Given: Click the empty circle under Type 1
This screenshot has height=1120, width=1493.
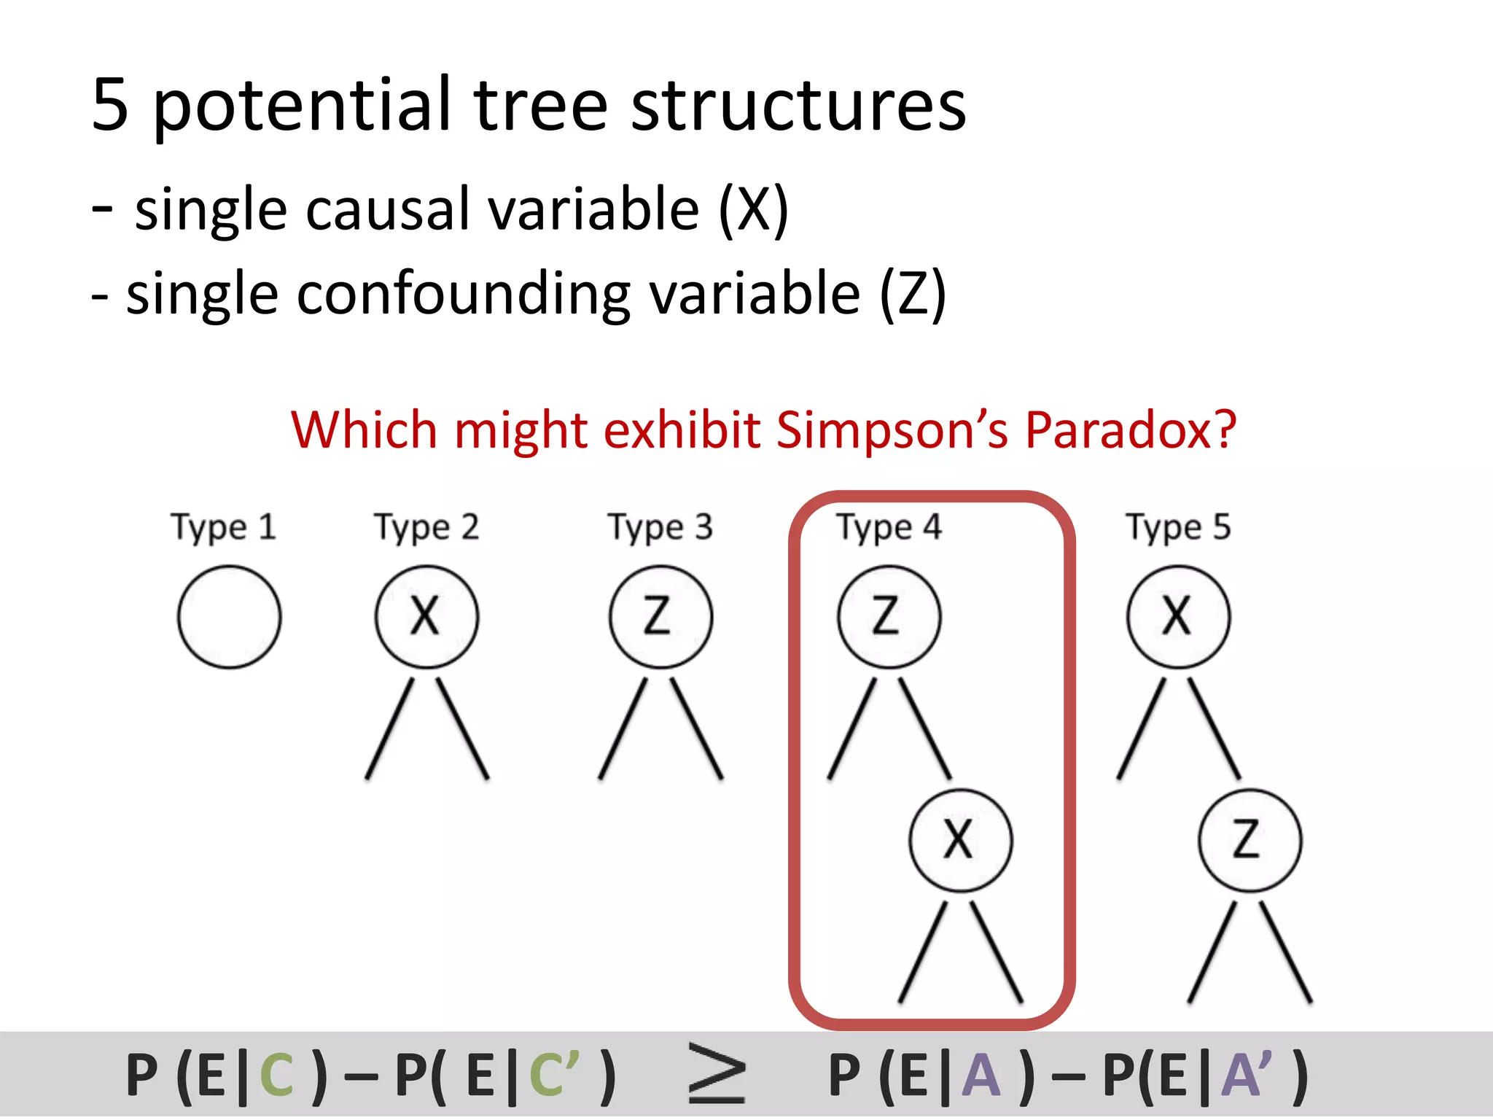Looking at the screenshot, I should [x=229, y=617].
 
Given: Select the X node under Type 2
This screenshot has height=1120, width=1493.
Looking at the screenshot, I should [x=426, y=617].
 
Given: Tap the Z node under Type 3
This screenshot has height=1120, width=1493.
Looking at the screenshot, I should [x=660, y=617].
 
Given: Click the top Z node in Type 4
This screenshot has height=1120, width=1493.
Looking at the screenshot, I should [x=889, y=617].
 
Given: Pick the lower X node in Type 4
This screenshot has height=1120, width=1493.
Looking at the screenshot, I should [x=960, y=840].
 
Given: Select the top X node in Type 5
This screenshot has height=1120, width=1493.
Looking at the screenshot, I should [x=1178, y=617].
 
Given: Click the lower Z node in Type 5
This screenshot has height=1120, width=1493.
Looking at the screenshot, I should [x=1250, y=840].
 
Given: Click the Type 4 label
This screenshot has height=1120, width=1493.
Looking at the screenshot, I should [x=889, y=527].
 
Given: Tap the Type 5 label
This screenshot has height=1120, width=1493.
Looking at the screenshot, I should [x=1178, y=527].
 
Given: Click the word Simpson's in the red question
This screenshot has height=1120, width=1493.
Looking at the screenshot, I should [x=892, y=430].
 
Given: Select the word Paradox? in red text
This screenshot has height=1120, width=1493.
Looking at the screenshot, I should [x=1130, y=430].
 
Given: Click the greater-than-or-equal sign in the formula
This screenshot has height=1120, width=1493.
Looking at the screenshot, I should [x=717, y=1074].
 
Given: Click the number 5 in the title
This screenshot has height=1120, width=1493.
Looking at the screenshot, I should [x=111, y=106].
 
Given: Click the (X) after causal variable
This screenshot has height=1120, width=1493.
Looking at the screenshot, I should [x=753, y=210].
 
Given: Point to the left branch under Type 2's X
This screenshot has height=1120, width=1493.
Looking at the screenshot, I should [x=390, y=729].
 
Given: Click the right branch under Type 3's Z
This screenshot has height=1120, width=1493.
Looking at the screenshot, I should [x=696, y=729].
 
